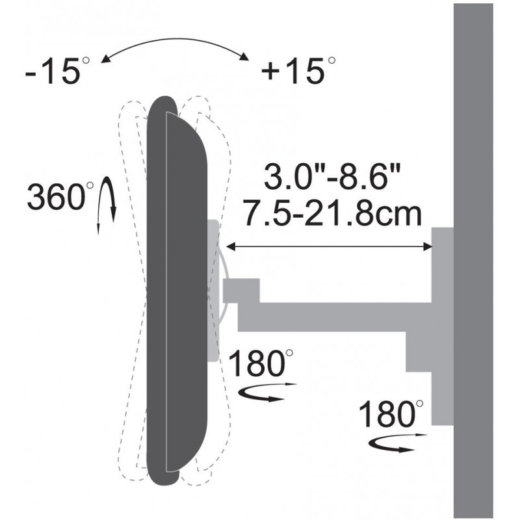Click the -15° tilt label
click(x=57, y=71)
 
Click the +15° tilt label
click(x=298, y=71)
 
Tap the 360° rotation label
click(x=60, y=196)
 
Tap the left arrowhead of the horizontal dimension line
click(x=231, y=246)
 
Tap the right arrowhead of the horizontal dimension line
click(x=428, y=246)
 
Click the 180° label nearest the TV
click(x=261, y=363)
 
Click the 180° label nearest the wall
click(x=391, y=414)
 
